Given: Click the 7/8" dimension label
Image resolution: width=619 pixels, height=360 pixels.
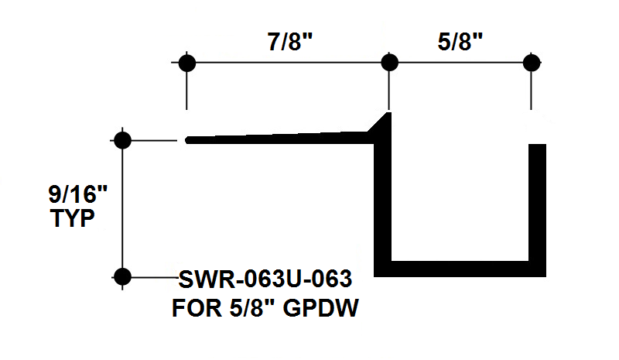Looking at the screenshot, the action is pos(290,42).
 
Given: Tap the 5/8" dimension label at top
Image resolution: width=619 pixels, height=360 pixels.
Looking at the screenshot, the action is pos(460,42).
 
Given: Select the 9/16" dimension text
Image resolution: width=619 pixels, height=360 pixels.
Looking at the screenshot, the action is pos(78,194).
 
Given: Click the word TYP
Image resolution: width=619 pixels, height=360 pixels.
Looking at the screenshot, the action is pos(73,218).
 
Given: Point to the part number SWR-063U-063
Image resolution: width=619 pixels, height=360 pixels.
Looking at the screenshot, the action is pos(265,279).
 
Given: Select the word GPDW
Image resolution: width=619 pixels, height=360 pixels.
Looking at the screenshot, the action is pos(321,308).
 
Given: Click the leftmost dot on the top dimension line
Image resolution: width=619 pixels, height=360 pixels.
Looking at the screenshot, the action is pos(187,63).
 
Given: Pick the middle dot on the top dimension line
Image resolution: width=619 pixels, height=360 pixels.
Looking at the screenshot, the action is pos(390,63).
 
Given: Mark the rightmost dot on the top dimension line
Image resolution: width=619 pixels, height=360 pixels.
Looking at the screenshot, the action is pos(532,63).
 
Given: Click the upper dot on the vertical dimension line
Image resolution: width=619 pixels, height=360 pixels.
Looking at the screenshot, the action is pos(122,140).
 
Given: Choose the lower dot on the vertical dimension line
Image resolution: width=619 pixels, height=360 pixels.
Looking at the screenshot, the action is pos(122,276).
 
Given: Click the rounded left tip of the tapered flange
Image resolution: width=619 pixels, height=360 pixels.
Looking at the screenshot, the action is pos(188,140).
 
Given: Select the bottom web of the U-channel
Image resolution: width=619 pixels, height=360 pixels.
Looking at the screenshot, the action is pos(460,269).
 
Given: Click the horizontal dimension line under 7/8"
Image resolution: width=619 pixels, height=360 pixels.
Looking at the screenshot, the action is pos(288,63).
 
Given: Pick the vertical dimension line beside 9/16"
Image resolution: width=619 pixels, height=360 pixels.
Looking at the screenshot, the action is pos(122,209).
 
